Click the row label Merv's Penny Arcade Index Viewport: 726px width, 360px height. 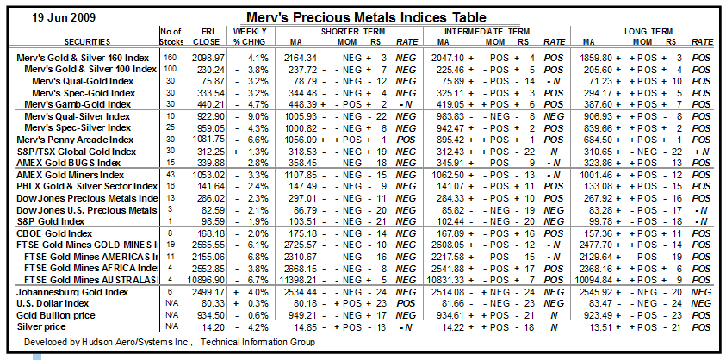pyautogui.click(x=75, y=140)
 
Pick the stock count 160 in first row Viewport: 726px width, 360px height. pyautogui.click(x=170, y=57)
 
